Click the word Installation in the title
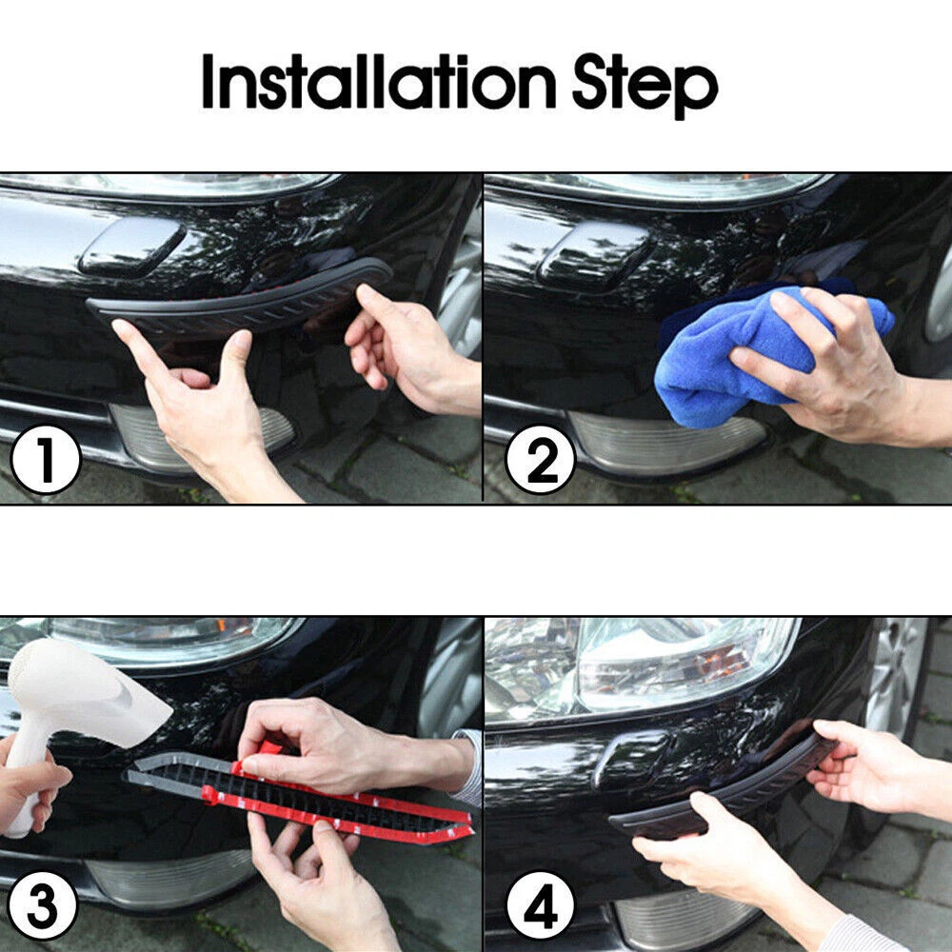click(379, 81)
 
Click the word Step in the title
click(645, 86)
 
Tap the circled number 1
click(46, 459)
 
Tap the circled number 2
click(541, 459)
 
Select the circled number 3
click(43, 905)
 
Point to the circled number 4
click(541, 905)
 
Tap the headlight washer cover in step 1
click(131, 246)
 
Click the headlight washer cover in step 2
click(595, 254)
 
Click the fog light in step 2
click(664, 442)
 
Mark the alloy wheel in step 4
click(899, 674)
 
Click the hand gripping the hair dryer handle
click(30, 789)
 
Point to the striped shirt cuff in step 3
click(467, 768)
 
